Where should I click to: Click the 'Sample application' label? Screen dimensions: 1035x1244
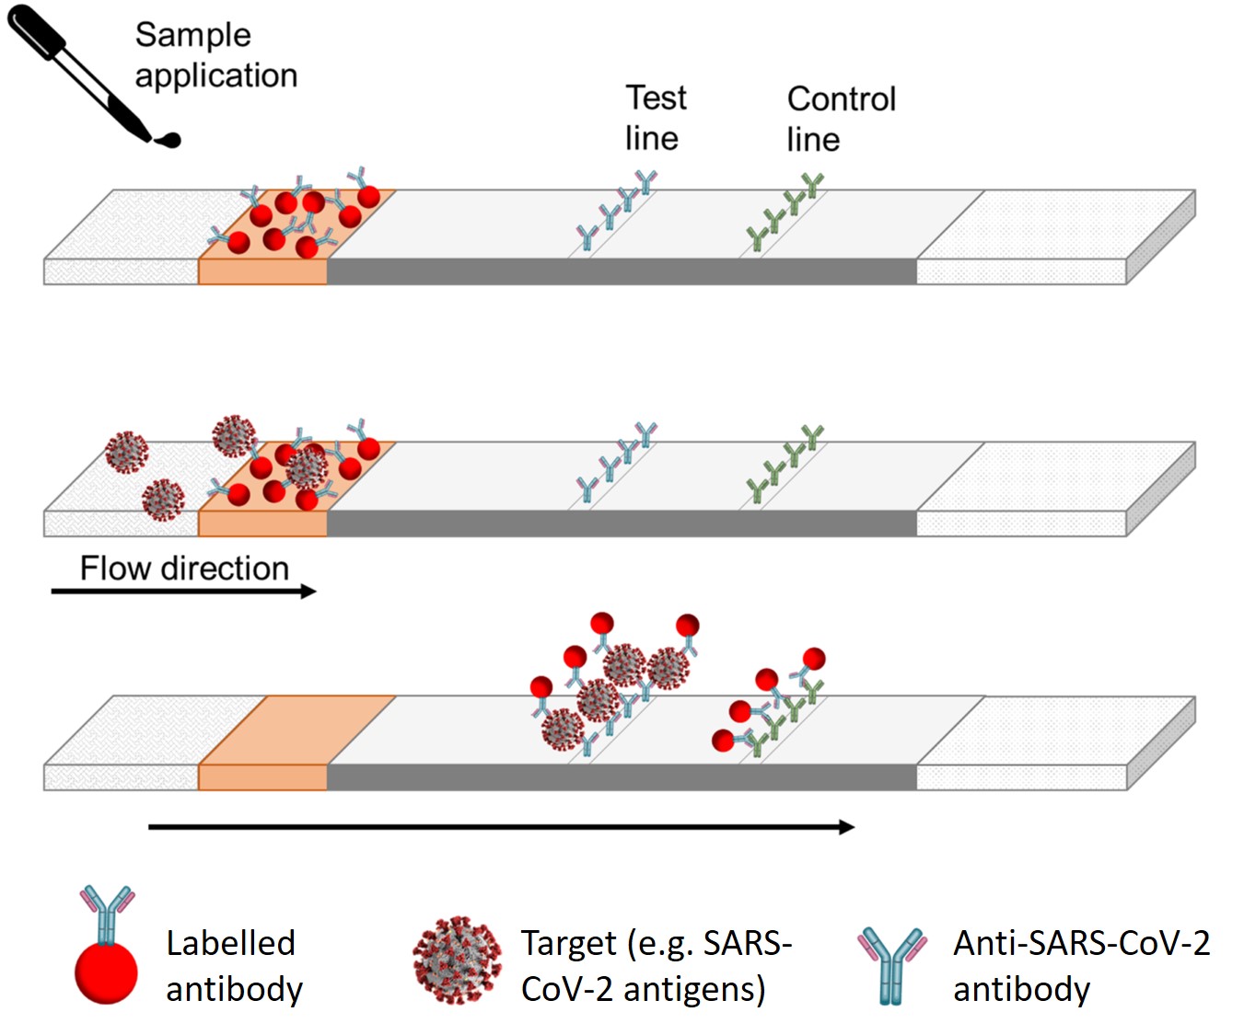coord(215,55)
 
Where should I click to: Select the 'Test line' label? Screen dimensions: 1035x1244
coord(655,118)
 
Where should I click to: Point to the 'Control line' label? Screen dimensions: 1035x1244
coord(840,119)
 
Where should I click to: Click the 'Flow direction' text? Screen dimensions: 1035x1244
coord(184,568)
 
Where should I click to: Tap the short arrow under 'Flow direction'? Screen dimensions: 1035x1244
coord(184,592)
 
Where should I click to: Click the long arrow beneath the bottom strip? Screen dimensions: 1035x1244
coord(502,827)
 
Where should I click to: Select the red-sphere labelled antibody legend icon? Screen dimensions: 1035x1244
coord(107,948)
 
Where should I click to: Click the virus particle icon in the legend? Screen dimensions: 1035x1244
coord(457,960)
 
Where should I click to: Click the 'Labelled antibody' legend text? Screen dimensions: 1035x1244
coord(233,966)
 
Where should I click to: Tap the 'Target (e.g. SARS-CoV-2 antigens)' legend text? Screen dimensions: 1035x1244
coord(656,966)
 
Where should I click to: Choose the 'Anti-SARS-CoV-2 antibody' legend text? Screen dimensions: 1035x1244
coord(1080,966)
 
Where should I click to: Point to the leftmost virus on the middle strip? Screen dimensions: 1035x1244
coord(126,452)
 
